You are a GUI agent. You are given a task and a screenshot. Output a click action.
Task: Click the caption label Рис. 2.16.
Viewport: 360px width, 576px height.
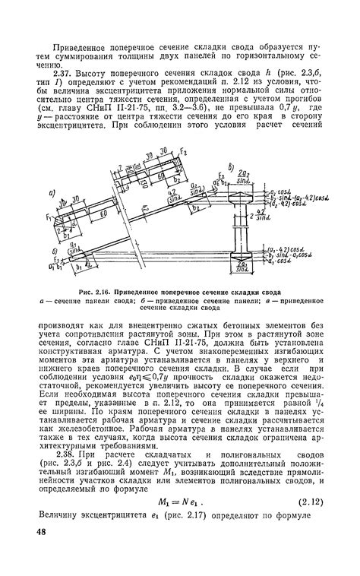coord(100,292)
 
